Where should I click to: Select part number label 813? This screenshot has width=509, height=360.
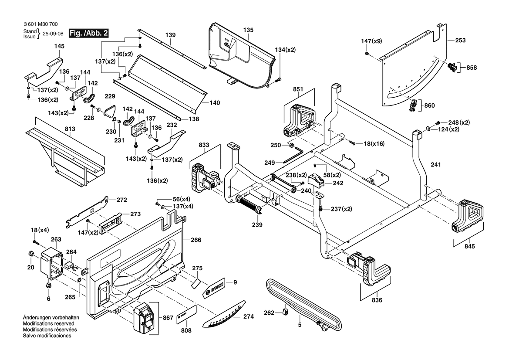click(70, 129)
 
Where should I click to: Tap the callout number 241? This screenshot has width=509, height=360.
click(436, 165)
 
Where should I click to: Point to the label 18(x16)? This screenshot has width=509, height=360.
click(374, 143)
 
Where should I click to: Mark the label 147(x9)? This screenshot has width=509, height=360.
click(371, 41)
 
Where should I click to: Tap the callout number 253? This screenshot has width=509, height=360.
click(460, 41)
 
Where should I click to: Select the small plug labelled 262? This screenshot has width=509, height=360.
click(285, 311)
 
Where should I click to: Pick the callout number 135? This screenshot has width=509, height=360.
click(248, 30)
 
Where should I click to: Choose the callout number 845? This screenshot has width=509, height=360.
click(470, 246)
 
